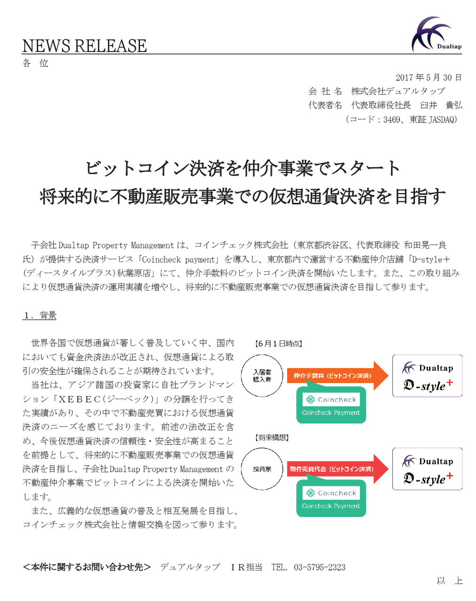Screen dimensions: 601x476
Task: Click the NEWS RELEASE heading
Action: (x=85, y=46)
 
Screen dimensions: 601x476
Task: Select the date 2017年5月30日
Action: (x=428, y=77)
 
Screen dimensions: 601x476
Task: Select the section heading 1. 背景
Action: (x=39, y=316)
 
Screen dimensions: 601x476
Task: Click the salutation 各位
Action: (x=36, y=63)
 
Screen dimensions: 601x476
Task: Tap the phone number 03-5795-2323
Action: (x=320, y=567)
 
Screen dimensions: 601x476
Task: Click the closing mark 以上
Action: (x=449, y=581)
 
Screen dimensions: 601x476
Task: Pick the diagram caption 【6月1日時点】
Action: (x=278, y=344)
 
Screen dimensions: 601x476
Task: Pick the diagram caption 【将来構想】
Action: (x=272, y=438)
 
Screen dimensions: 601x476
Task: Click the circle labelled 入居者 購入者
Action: (x=262, y=376)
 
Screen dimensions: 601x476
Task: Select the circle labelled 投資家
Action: (x=262, y=469)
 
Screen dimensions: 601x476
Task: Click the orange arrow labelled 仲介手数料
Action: (x=336, y=376)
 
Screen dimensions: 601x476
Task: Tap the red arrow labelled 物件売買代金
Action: (x=336, y=469)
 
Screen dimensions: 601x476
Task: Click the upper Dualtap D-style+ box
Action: (x=427, y=376)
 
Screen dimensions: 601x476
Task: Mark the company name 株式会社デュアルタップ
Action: (x=398, y=91)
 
